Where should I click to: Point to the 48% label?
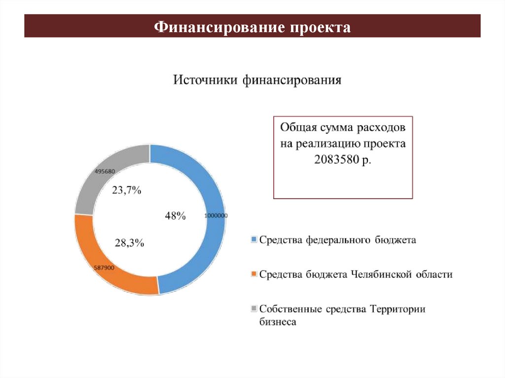(x=175, y=216)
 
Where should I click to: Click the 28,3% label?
(x=129, y=242)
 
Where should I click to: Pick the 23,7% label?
(x=127, y=190)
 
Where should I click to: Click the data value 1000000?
(x=216, y=216)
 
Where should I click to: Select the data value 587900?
(x=104, y=268)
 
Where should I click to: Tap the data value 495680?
(x=105, y=172)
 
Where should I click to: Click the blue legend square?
(x=254, y=239)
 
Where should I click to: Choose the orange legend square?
(x=254, y=274)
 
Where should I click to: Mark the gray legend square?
(x=254, y=309)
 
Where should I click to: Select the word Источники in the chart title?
(x=206, y=79)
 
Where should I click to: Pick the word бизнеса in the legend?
(x=278, y=322)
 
